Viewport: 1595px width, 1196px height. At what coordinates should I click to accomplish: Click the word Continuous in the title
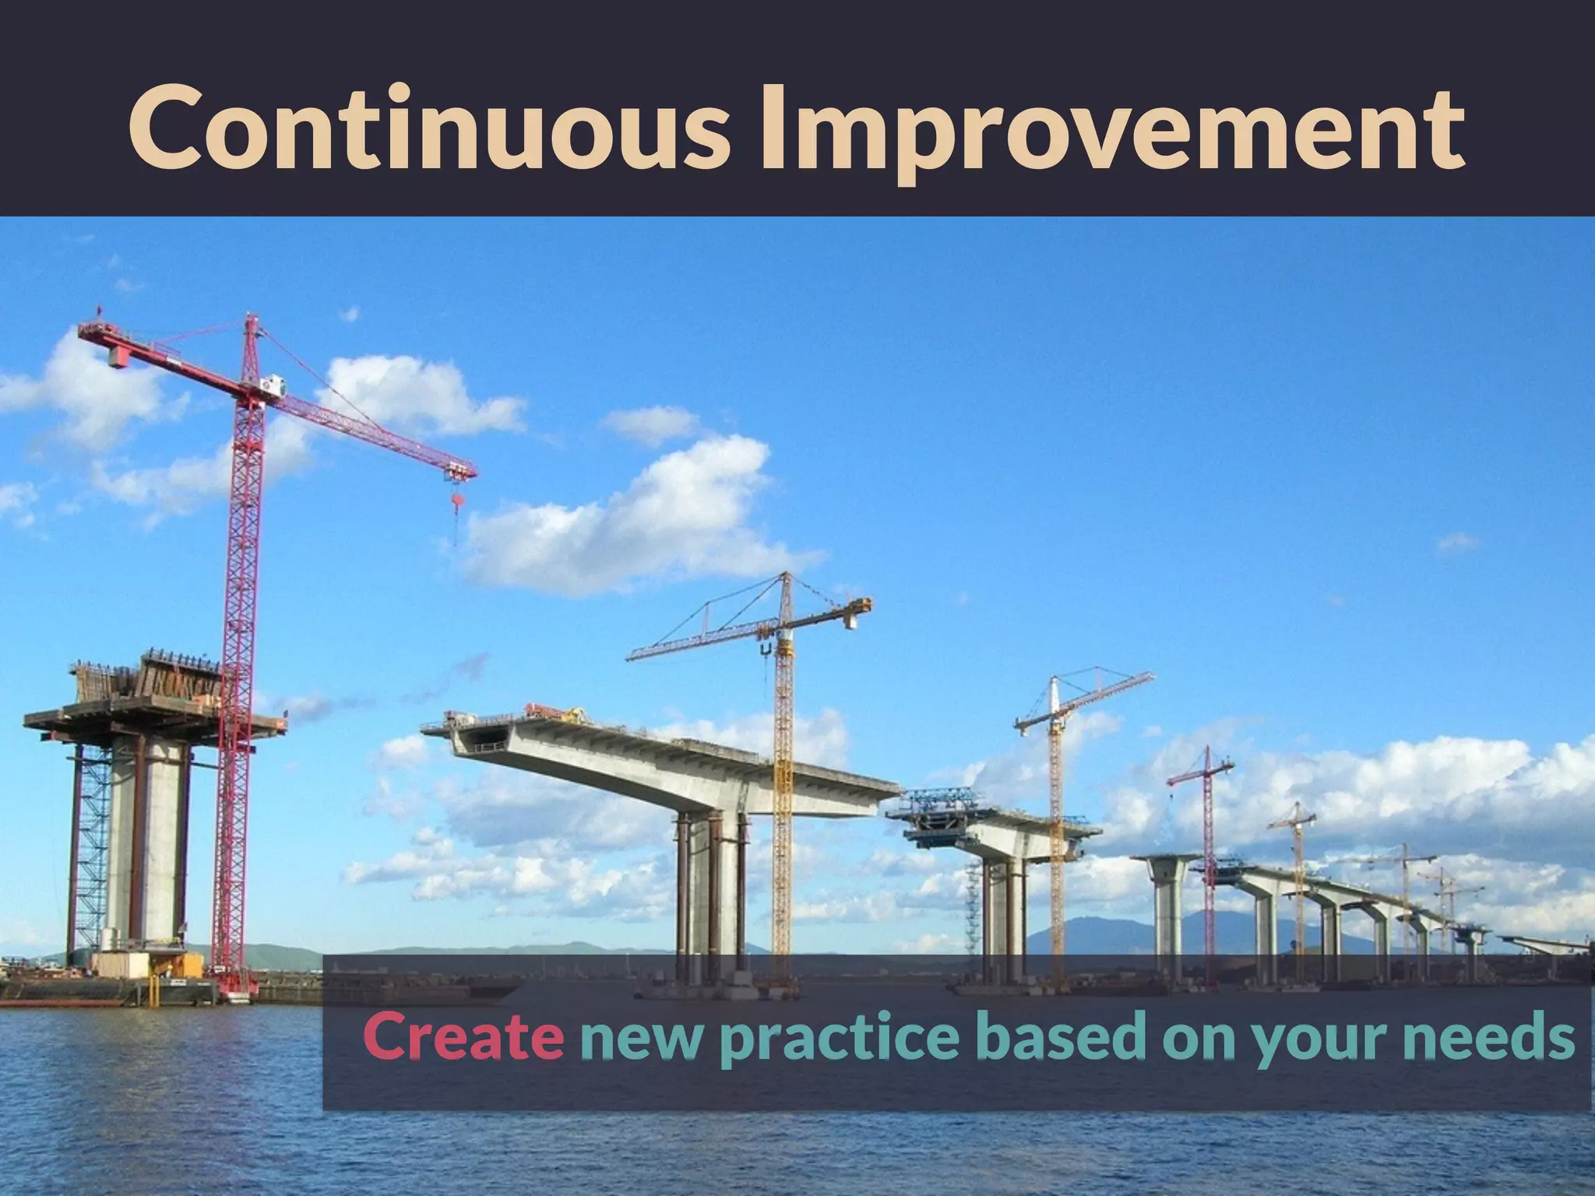coord(428,128)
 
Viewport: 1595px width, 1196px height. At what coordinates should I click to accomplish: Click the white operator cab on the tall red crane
coord(273,384)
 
